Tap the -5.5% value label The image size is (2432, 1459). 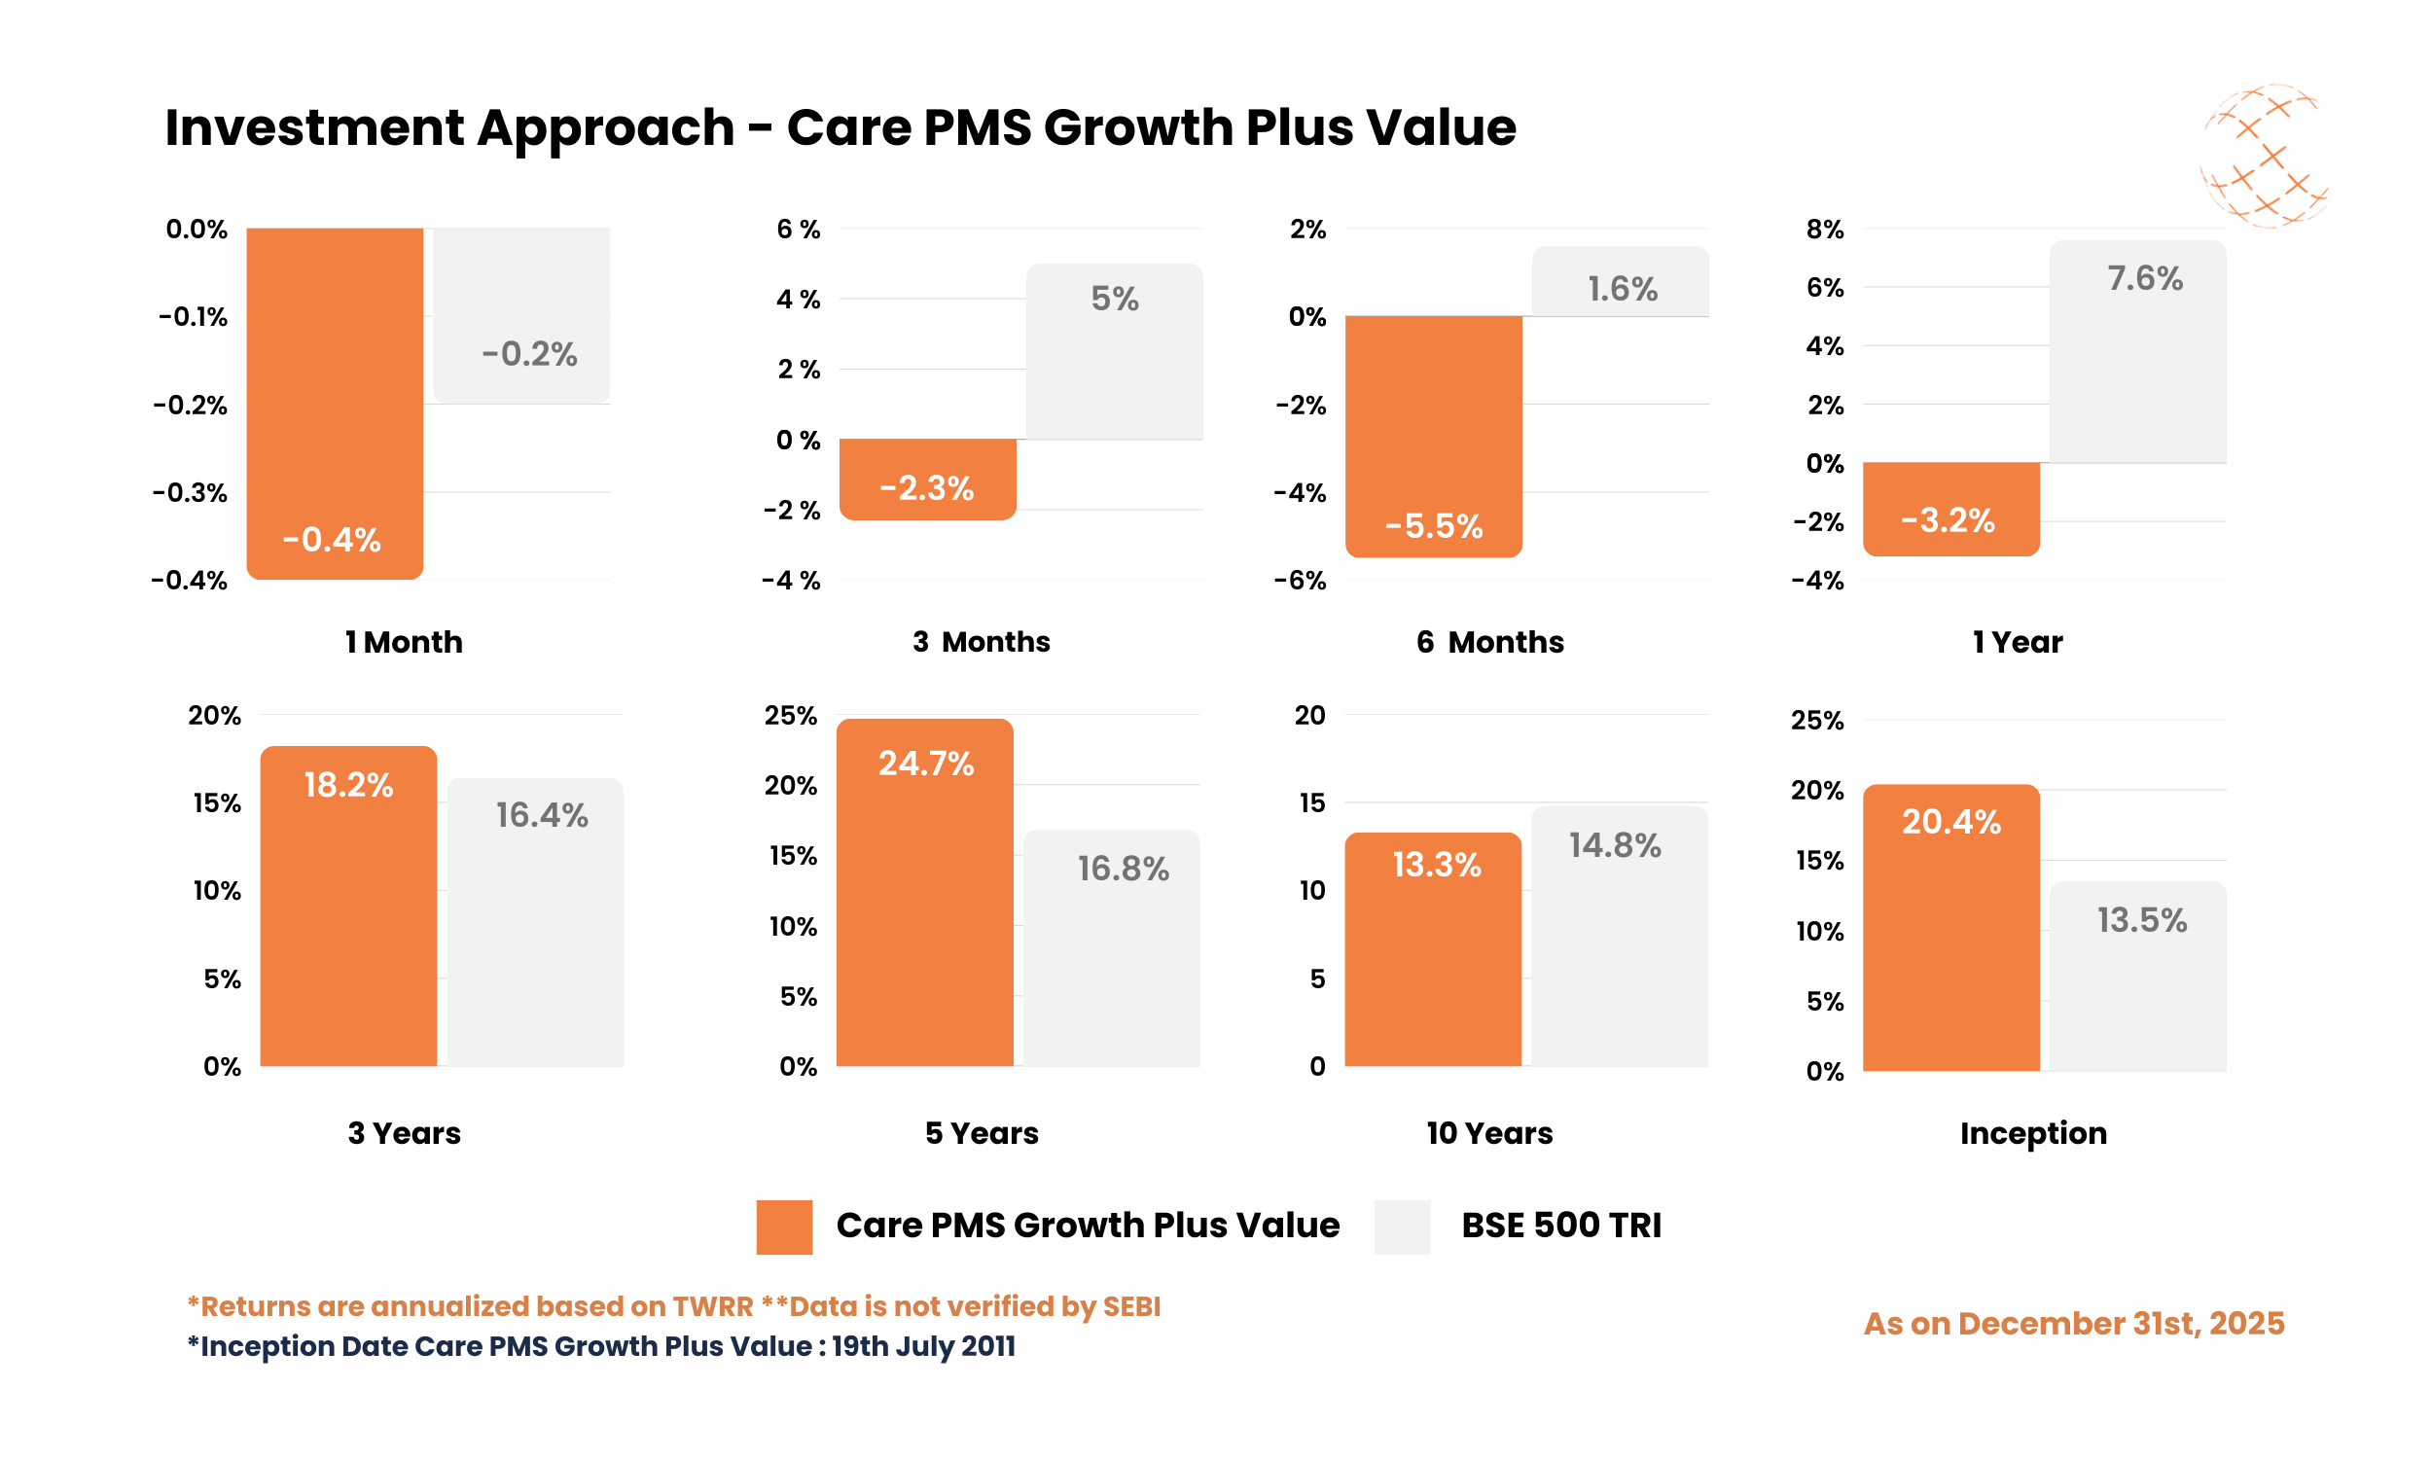[x=1433, y=527]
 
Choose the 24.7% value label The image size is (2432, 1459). [x=925, y=764]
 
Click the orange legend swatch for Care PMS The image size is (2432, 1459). [x=783, y=1226]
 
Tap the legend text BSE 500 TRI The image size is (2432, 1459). [x=1560, y=1226]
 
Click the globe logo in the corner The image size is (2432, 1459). [x=2264, y=156]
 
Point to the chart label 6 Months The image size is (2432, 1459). [x=1489, y=642]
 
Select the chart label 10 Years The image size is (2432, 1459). [x=1489, y=1133]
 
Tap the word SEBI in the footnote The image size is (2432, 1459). [x=1131, y=1306]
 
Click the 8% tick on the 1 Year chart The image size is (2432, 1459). [x=1825, y=230]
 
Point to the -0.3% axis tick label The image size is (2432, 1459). [x=190, y=492]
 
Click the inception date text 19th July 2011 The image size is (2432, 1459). [x=923, y=1346]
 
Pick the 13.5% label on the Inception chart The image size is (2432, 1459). [x=2141, y=921]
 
